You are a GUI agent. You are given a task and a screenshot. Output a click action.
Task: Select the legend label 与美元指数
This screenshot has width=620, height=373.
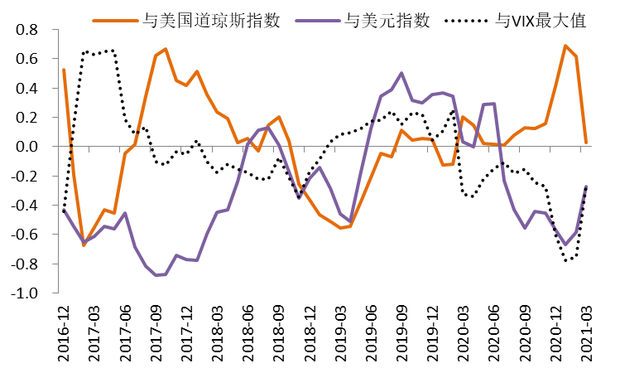[x=387, y=21]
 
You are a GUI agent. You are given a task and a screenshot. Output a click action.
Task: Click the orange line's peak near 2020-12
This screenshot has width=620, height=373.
[x=565, y=46]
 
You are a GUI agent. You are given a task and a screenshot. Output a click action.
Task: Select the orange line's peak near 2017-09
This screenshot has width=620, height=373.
[x=166, y=49]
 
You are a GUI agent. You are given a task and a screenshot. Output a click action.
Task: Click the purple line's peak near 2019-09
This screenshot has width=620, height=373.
[x=401, y=73]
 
